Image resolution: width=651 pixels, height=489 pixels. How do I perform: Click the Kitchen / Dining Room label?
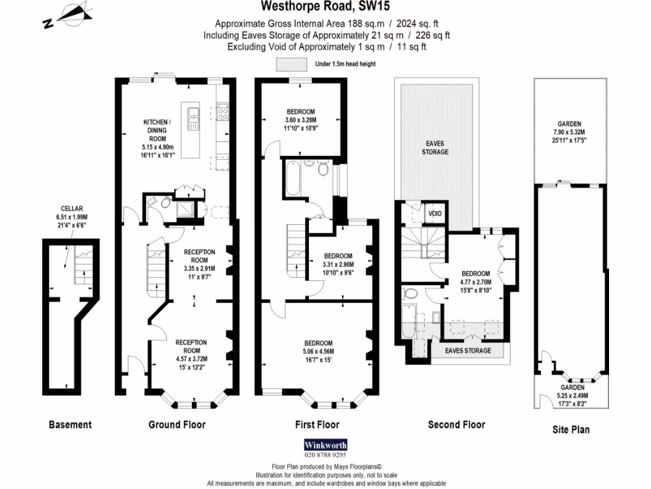click(156, 130)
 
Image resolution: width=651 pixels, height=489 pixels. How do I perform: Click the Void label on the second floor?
click(435, 213)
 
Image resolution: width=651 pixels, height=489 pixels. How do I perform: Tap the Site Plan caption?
click(570, 430)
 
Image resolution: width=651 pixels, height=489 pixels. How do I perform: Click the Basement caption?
click(70, 425)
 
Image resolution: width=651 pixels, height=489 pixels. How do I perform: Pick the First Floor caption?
click(318, 425)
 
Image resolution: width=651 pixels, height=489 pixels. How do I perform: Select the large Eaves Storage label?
click(435, 148)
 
